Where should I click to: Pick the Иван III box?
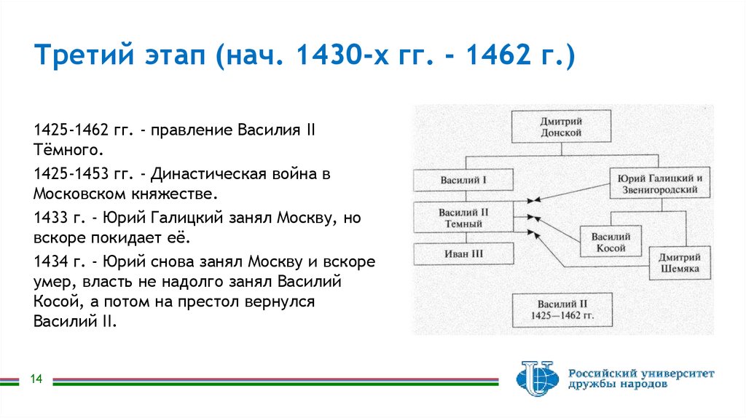(463, 253)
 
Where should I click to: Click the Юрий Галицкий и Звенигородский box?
(659, 184)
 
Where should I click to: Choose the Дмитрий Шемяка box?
(679, 263)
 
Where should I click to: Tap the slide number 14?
(36, 379)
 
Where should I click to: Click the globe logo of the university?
(537, 379)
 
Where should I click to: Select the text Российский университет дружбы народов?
(641, 379)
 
